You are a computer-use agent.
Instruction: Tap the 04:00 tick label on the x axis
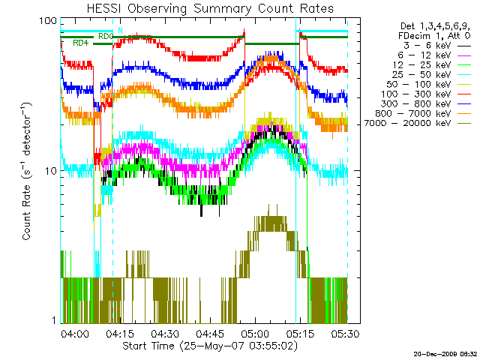pos(76,334)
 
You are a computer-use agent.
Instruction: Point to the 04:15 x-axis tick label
pos(120,334)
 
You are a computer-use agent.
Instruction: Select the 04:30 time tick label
pos(165,334)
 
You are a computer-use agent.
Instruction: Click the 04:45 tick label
pos(210,334)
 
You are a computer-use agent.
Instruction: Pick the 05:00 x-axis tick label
pos(255,334)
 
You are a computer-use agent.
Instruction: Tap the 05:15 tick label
pos(300,334)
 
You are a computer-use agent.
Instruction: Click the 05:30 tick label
pos(345,334)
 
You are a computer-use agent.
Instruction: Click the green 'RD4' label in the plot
pos(80,43)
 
